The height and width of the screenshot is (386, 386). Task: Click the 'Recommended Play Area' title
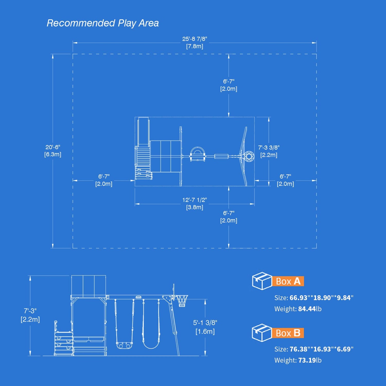pyautogui.click(x=103, y=23)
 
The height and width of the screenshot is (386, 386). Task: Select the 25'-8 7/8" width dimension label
pyautogui.click(x=195, y=39)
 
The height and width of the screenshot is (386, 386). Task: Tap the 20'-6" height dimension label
pyautogui.click(x=53, y=147)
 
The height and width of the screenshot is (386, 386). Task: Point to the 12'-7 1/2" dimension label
pyautogui.click(x=195, y=200)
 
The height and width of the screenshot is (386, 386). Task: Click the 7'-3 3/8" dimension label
pyautogui.click(x=269, y=148)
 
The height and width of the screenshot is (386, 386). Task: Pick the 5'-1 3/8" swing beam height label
pyautogui.click(x=205, y=323)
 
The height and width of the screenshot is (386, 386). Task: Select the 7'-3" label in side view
pyautogui.click(x=30, y=311)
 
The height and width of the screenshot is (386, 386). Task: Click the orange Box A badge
pyautogui.click(x=288, y=281)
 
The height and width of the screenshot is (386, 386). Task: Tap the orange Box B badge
pyautogui.click(x=288, y=333)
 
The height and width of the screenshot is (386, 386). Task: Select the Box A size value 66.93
pyautogui.click(x=299, y=298)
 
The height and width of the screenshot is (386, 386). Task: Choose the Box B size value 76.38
pyautogui.click(x=299, y=349)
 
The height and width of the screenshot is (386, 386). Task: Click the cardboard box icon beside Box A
pyautogui.click(x=262, y=281)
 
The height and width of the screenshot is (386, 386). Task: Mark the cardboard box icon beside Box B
pyautogui.click(x=262, y=333)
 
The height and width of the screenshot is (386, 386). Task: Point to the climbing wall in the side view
pyautogui.click(x=64, y=344)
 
